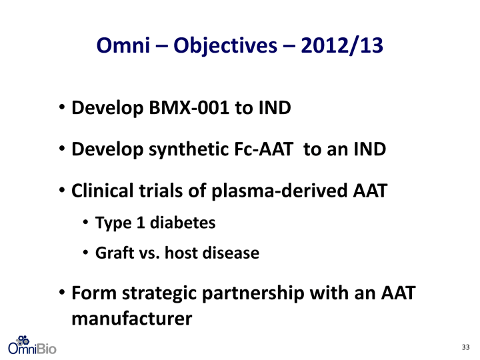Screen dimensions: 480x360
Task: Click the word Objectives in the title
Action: pyautogui.click(x=225, y=46)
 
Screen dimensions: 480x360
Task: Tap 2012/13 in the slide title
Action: pyautogui.click(x=341, y=46)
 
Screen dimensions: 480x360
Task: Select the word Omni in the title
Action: pyautogui.click(x=123, y=45)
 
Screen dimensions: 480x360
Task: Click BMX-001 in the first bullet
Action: pyautogui.click(x=189, y=108)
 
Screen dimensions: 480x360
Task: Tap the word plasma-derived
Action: pyautogui.click(x=279, y=191)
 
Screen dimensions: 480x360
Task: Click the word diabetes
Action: pyautogui.click(x=183, y=222)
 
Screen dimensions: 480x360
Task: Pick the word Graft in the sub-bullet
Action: pyautogui.click(x=115, y=253)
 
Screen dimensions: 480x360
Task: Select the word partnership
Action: pyautogui.click(x=253, y=294)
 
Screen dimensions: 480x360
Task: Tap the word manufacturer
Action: pyautogui.click(x=131, y=319)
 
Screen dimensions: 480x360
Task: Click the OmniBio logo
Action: pyautogui.click(x=32, y=345)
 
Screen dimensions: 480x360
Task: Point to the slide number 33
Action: pyautogui.click(x=465, y=347)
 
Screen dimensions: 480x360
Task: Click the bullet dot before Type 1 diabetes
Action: pyautogui.click(x=85, y=222)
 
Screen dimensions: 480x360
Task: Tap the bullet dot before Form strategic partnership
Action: pyautogui.click(x=62, y=292)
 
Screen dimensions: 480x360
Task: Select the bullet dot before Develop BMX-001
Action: pyautogui.click(x=62, y=107)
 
